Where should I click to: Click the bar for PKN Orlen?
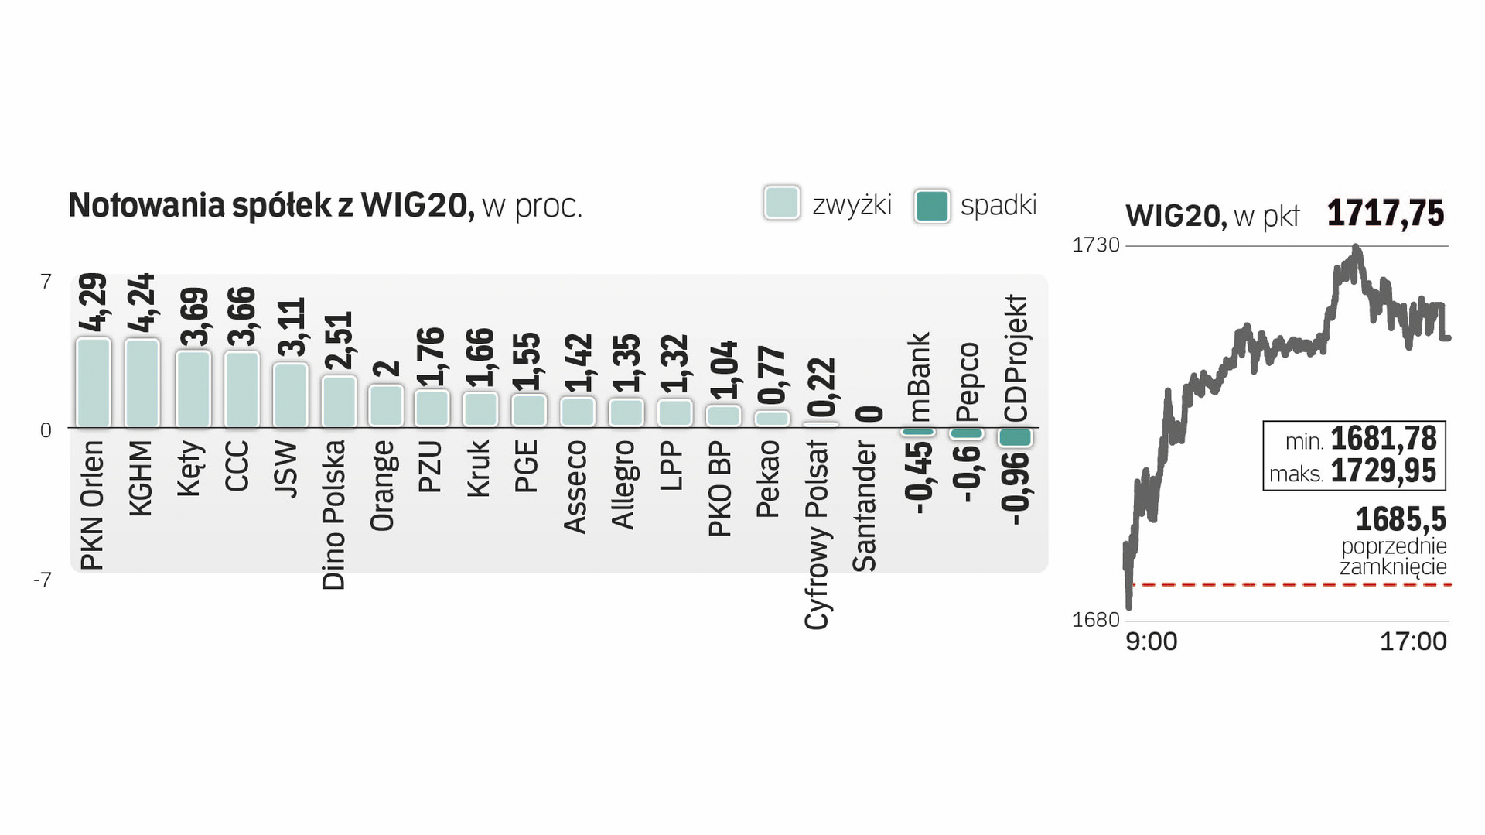94,383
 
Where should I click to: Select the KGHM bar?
142,383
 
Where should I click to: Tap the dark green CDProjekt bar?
1016,437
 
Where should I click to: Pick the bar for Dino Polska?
339,402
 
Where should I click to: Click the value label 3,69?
194,317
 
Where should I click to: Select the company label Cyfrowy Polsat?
817,535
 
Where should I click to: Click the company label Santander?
865,506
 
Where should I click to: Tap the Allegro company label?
623,484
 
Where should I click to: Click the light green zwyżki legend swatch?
782,204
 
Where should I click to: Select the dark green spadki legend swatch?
931,206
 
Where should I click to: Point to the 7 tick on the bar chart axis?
46,282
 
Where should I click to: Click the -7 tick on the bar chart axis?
43,580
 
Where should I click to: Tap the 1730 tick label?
1095,245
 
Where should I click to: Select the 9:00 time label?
1151,642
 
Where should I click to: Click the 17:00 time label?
1413,642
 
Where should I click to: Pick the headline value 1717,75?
1385,214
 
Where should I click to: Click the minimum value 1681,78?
1383,439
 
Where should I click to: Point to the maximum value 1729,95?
1383,471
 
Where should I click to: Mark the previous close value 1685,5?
1401,518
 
